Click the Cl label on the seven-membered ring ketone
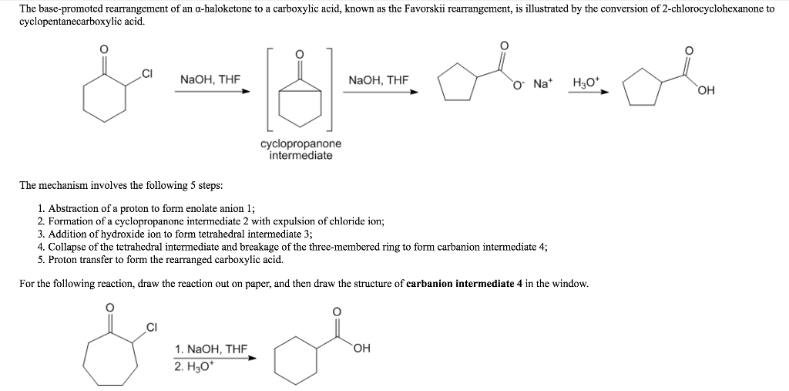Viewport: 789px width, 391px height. tap(152, 329)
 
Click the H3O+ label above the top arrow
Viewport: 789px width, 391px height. tap(584, 82)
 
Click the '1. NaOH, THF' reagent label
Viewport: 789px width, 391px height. tap(211, 349)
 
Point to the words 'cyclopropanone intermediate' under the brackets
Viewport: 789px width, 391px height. tap(301, 150)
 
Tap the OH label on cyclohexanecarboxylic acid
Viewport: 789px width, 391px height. tap(362, 348)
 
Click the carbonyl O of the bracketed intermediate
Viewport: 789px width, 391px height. tap(300, 53)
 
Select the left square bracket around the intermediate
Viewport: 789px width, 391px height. tap(270, 89)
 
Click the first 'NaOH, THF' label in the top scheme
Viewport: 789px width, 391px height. tap(210, 79)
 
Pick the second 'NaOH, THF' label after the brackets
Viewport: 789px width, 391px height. tap(378, 79)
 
